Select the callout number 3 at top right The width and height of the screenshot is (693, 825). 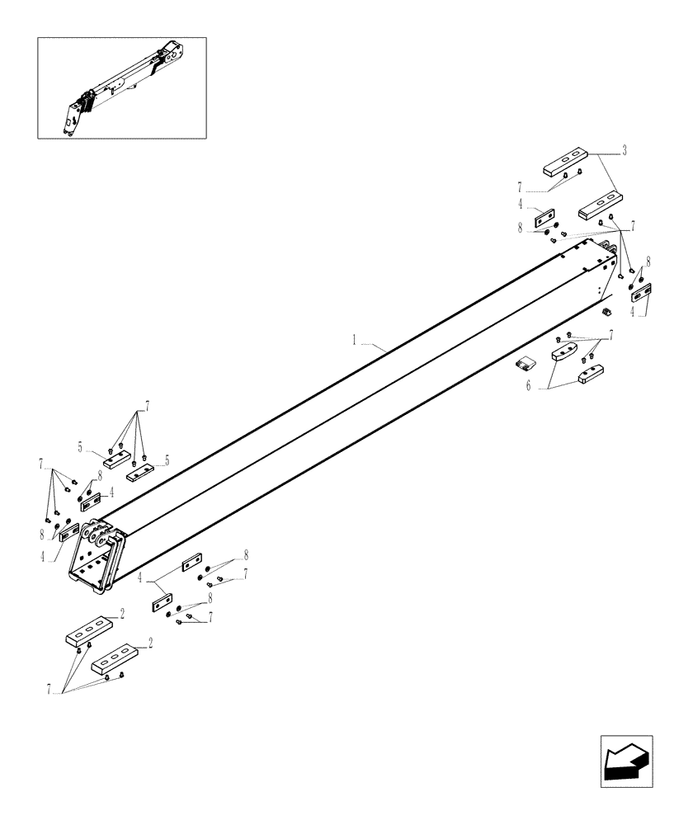(624, 151)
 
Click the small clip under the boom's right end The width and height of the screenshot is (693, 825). (606, 310)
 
